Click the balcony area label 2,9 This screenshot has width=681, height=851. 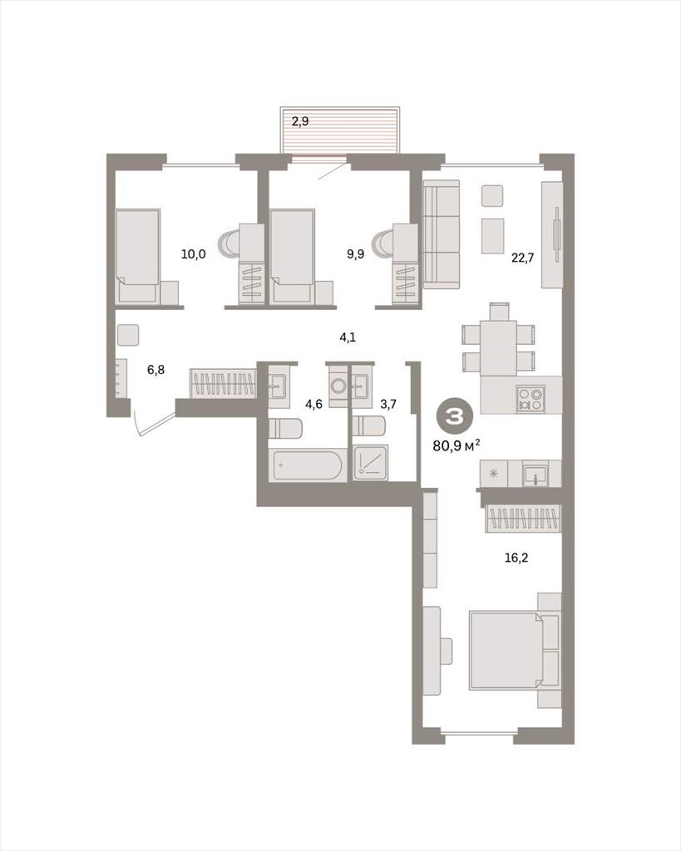click(300, 121)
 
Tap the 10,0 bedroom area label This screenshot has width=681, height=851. click(194, 253)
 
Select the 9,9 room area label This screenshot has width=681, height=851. click(356, 253)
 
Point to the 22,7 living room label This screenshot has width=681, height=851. click(523, 258)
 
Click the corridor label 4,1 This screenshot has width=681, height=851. click(348, 337)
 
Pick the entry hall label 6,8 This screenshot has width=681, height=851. click(155, 370)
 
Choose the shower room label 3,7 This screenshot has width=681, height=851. click(388, 404)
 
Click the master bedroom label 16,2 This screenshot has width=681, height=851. click(516, 558)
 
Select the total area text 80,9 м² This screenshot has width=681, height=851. click(456, 446)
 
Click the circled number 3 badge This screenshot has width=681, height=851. click(455, 416)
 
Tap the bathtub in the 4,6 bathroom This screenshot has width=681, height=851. click(308, 465)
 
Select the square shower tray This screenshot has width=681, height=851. click(372, 462)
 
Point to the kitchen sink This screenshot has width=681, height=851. click(535, 474)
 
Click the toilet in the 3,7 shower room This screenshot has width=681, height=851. click(369, 425)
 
